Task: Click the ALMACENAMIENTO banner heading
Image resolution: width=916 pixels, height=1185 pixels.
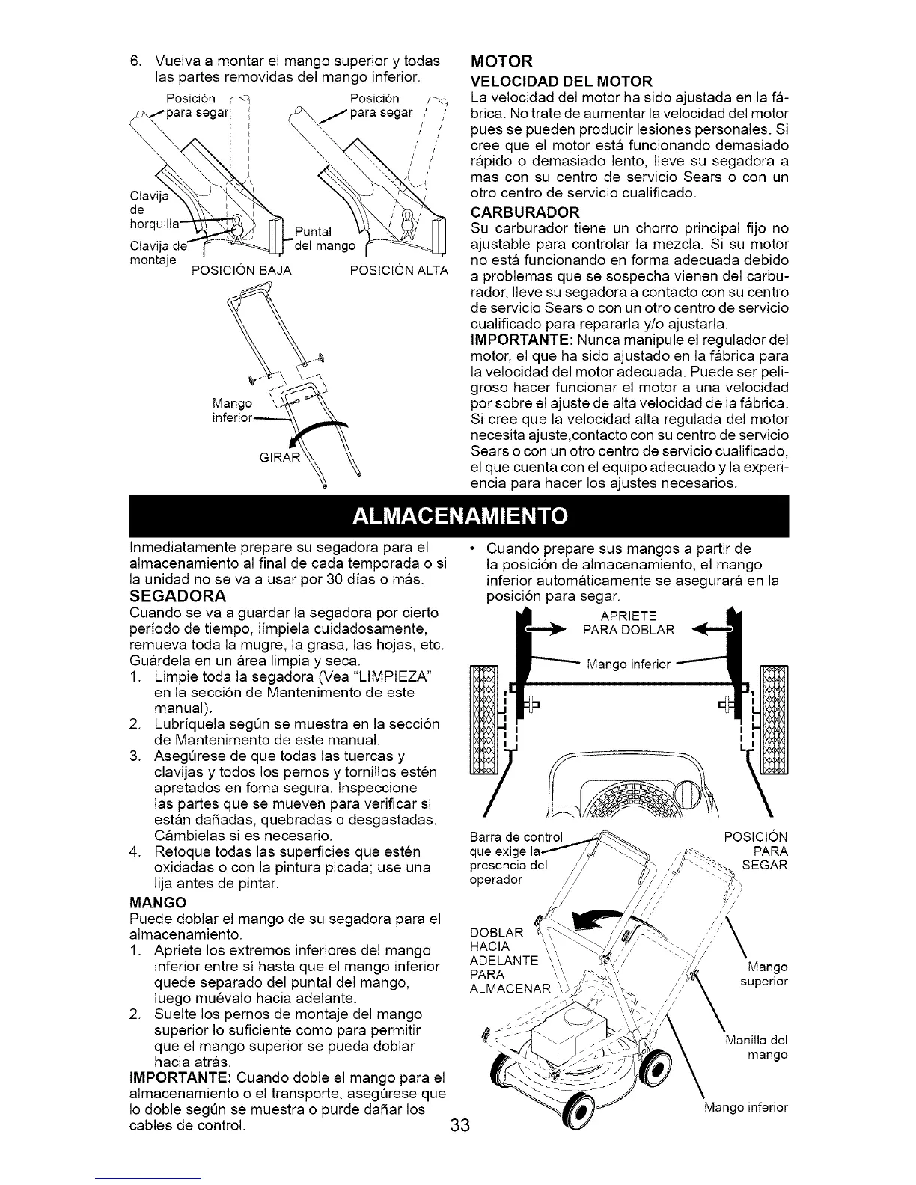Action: coord(458,516)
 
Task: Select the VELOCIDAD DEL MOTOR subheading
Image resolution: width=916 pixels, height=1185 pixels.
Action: coord(560,81)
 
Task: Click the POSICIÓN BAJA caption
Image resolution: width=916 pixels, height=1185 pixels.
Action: coord(240,270)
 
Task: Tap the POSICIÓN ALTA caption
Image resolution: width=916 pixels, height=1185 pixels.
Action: coord(398,270)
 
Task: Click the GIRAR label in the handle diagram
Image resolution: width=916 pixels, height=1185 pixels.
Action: coord(278,456)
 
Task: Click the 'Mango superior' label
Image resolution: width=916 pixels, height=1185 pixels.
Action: coord(762,973)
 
